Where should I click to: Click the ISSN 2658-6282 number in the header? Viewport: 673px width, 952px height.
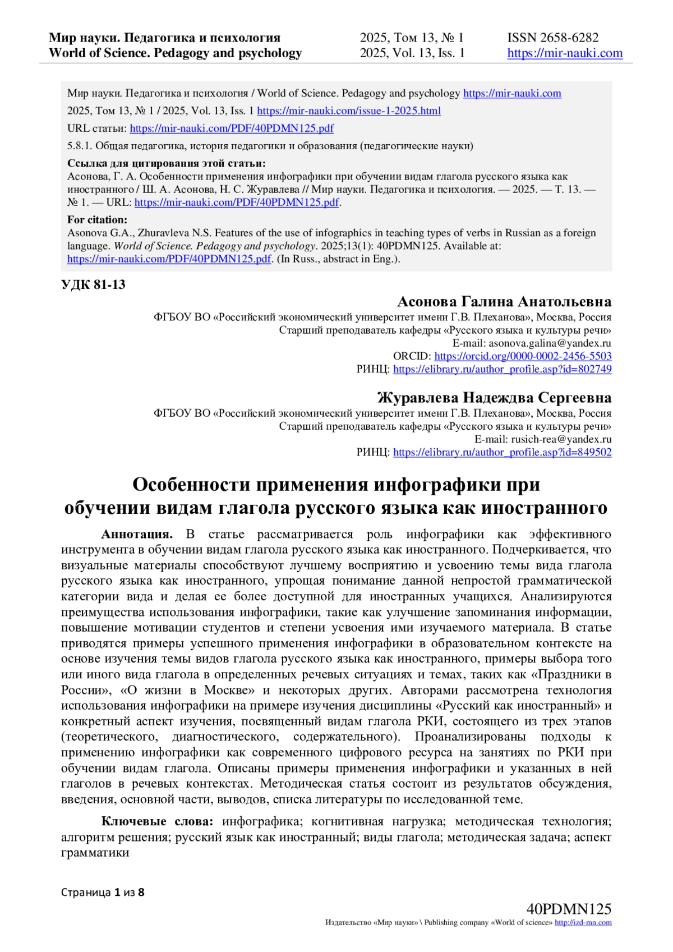click(552, 38)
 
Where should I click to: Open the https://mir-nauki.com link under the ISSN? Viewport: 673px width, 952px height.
click(565, 53)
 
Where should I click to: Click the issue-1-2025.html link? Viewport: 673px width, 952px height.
click(348, 111)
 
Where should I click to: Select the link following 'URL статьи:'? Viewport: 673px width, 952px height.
click(232, 128)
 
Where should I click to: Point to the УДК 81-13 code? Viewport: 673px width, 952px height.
click(93, 284)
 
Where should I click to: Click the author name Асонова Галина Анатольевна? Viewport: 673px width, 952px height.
click(504, 302)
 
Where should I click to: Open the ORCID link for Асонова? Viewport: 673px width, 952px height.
click(523, 356)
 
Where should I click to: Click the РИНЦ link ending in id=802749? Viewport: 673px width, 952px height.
click(502, 369)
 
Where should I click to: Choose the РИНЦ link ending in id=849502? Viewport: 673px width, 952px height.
click(502, 452)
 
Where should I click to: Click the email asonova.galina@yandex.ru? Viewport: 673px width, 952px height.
click(550, 343)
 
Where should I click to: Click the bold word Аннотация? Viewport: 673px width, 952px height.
click(137, 534)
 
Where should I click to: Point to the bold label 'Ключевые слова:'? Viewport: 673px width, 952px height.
click(157, 821)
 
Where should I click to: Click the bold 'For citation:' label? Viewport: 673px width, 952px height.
click(97, 220)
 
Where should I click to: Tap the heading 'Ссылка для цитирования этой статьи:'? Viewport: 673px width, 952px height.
click(166, 163)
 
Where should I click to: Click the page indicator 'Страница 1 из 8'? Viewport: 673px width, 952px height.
click(103, 892)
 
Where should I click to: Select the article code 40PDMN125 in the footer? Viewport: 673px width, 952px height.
click(569, 909)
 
